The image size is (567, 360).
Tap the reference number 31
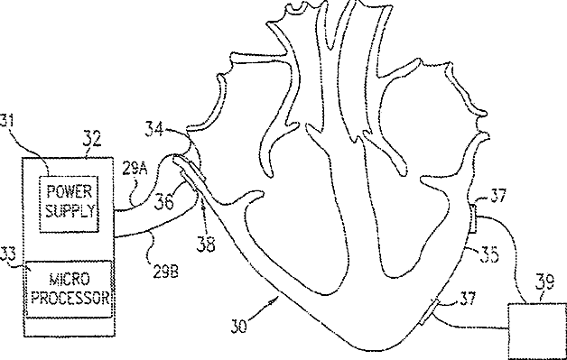coord(6,120)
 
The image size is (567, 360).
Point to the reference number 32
coord(91,139)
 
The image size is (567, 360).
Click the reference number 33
coord(7,254)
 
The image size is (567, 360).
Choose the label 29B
coord(165,272)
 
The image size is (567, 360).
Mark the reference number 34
coord(154,129)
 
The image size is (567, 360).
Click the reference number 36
coord(163,202)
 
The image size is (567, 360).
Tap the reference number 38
coord(206,245)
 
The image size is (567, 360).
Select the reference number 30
coord(239,326)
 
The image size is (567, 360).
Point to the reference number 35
coord(489,254)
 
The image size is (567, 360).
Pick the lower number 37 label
coord(469,299)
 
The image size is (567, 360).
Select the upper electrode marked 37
coord(473,218)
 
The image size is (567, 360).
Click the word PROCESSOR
coord(70,298)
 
